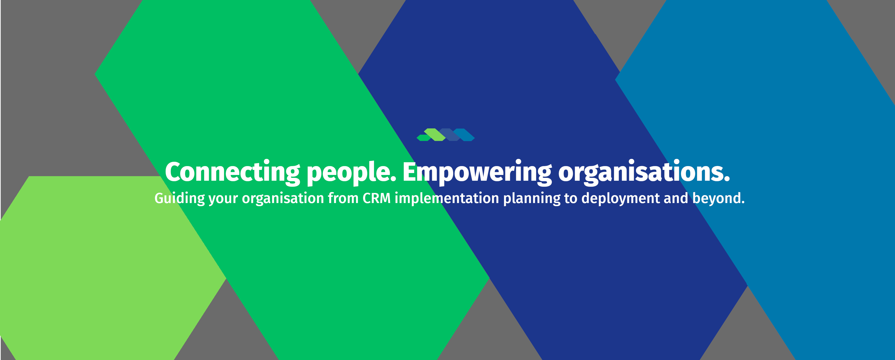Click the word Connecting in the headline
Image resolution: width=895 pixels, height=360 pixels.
[232, 172]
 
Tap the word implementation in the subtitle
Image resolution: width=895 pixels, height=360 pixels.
[447, 198]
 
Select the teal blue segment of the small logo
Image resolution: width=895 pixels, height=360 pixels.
[464, 135]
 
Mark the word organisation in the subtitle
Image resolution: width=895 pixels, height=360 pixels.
[283, 199]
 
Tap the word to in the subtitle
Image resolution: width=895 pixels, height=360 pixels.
[571, 199]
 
